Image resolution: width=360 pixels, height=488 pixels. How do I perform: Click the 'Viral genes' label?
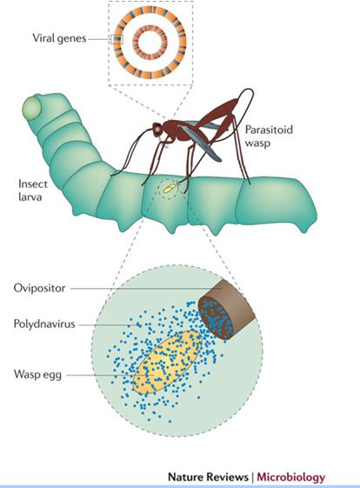[59, 38]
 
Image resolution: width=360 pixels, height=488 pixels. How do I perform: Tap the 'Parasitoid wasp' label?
[269, 136]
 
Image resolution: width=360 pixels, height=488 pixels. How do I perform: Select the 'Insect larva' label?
[33, 191]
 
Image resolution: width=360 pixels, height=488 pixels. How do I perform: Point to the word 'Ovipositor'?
[39, 288]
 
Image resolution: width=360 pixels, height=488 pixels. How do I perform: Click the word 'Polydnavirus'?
[44, 324]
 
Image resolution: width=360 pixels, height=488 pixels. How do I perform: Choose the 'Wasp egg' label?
[37, 374]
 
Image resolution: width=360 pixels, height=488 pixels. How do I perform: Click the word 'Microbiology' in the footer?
[291, 477]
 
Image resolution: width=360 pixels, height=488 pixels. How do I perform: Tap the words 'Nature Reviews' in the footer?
[208, 477]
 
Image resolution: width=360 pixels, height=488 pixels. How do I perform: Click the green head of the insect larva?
[31, 109]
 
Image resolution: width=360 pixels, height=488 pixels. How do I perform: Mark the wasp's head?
[157, 128]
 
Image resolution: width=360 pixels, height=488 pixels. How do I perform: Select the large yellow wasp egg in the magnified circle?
[168, 362]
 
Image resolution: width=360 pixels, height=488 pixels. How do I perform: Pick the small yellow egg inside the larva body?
[170, 188]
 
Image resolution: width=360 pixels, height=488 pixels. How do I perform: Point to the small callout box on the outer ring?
[117, 39]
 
